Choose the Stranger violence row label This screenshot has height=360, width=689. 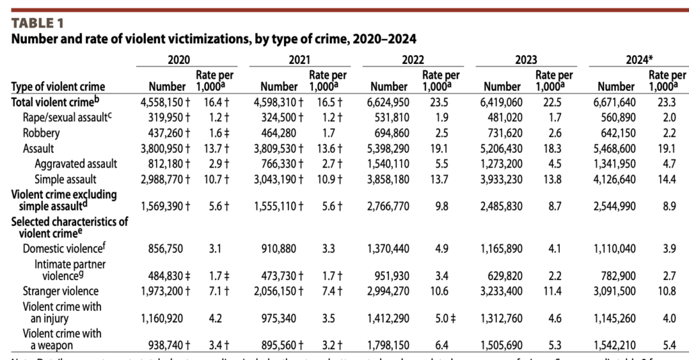pyautogui.click(x=61, y=291)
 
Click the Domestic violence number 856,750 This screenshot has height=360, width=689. pyautogui.click(x=168, y=248)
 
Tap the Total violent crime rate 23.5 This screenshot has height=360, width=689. pyautogui.click(x=441, y=102)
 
